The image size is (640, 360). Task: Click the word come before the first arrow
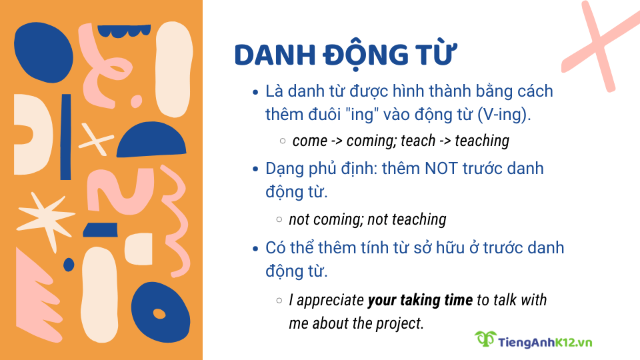point(310,141)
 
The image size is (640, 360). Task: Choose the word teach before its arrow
point(418,141)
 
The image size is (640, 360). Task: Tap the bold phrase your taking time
point(420,300)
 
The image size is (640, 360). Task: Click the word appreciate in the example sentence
point(331,301)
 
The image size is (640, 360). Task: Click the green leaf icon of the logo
point(485,339)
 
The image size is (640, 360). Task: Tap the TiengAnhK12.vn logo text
point(545,342)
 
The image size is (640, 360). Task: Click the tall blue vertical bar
point(65,137)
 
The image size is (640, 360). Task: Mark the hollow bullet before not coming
point(280,219)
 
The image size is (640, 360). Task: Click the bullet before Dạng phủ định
point(256,169)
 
